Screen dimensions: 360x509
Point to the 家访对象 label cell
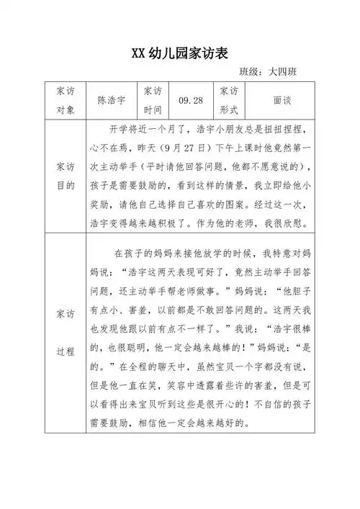pyautogui.click(x=63, y=102)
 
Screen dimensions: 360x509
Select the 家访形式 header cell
pyautogui.click(x=228, y=102)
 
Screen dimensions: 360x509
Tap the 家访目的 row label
pyautogui.click(x=63, y=176)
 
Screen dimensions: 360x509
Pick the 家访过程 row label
pyautogui.click(x=63, y=333)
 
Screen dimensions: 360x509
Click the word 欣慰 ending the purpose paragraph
pyautogui.click(x=293, y=222)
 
